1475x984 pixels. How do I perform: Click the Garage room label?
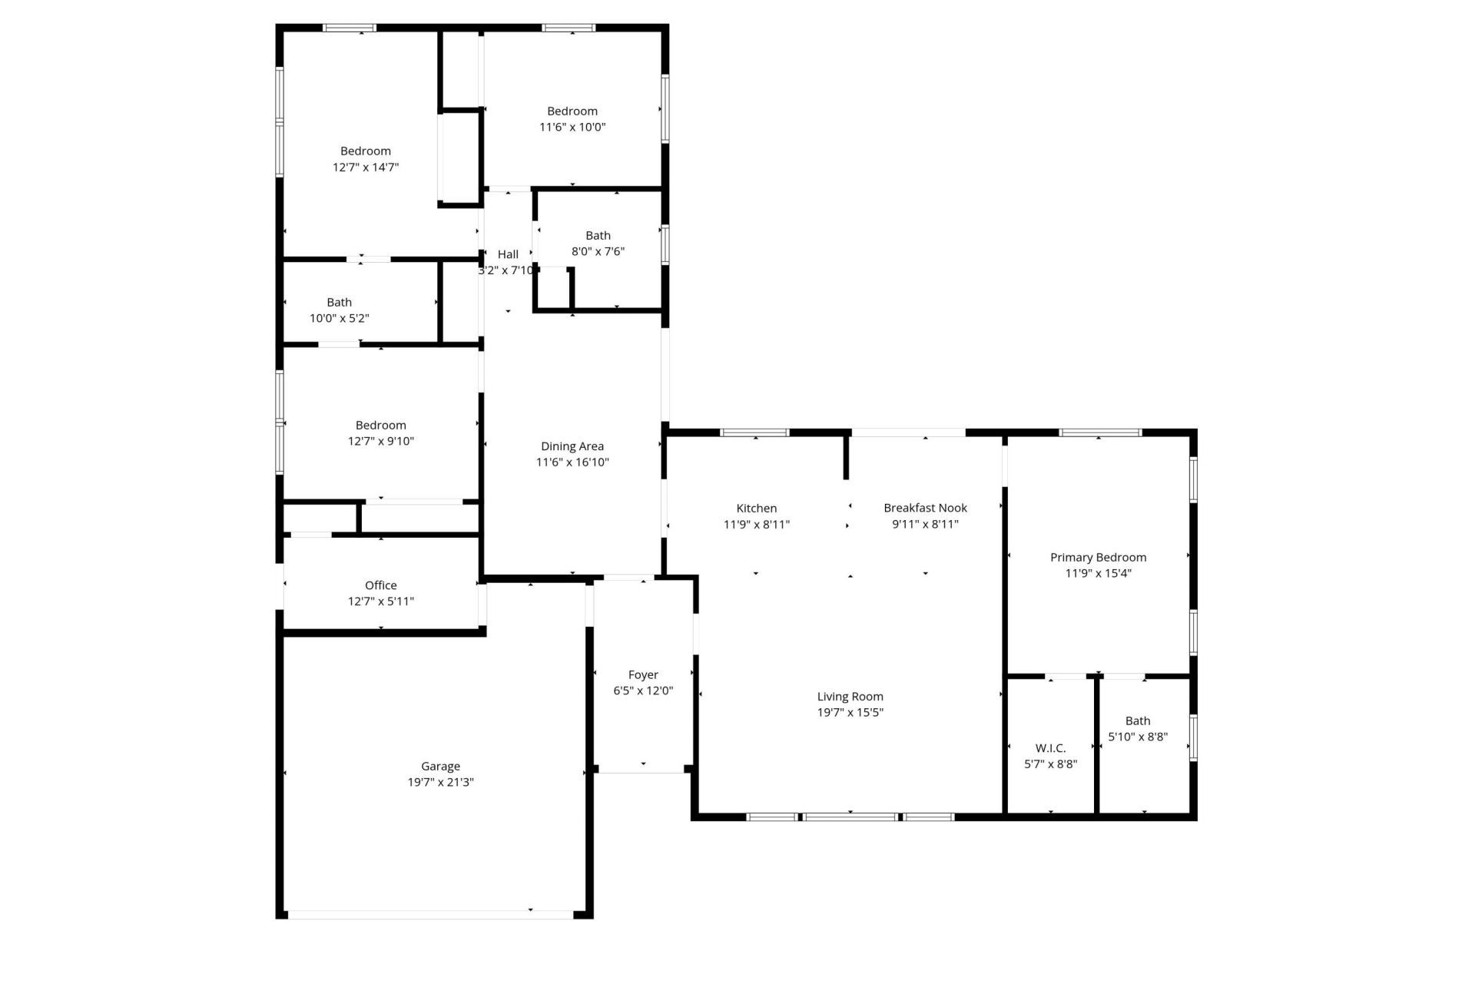pyautogui.click(x=440, y=766)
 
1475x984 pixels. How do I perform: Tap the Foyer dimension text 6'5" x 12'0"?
pyautogui.click(x=643, y=691)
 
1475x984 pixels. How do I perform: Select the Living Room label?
pyautogui.click(x=850, y=697)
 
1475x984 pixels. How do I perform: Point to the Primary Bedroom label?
pyautogui.click(x=1098, y=557)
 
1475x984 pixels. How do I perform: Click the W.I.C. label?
pyautogui.click(x=1050, y=748)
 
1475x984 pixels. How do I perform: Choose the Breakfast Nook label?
pyautogui.click(x=925, y=508)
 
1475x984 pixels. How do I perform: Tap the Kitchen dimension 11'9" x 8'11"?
pyautogui.click(x=756, y=525)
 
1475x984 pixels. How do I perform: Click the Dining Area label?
pyautogui.click(x=572, y=446)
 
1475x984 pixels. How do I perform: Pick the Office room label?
pyautogui.click(x=380, y=585)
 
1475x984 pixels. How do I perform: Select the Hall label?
pyautogui.click(x=508, y=254)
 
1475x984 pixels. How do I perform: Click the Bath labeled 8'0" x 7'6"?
pyautogui.click(x=598, y=236)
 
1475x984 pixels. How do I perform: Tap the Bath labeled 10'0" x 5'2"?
pyautogui.click(x=339, y=303)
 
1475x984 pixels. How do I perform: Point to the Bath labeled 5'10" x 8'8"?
pyautogui.click(x=1138, y=721)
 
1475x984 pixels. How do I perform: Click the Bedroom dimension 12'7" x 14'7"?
pyautogui.click(x=366, y=167)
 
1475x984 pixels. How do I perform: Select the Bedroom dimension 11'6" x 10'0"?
pyautogui.click(x=572, y=128)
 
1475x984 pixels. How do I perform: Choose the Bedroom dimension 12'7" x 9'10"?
pyautogui.click(x=380, y=442)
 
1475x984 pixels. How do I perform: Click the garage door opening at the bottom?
pyautogui.click(x=430, y=915)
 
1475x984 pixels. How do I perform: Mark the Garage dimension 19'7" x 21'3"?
pyautogui.click(x=440, y=783)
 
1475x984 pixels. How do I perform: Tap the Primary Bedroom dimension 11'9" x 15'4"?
pyautogui.click(x=1098, y=573)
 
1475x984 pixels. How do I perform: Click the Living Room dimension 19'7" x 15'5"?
pyautogui.click(x=850, y=713)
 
